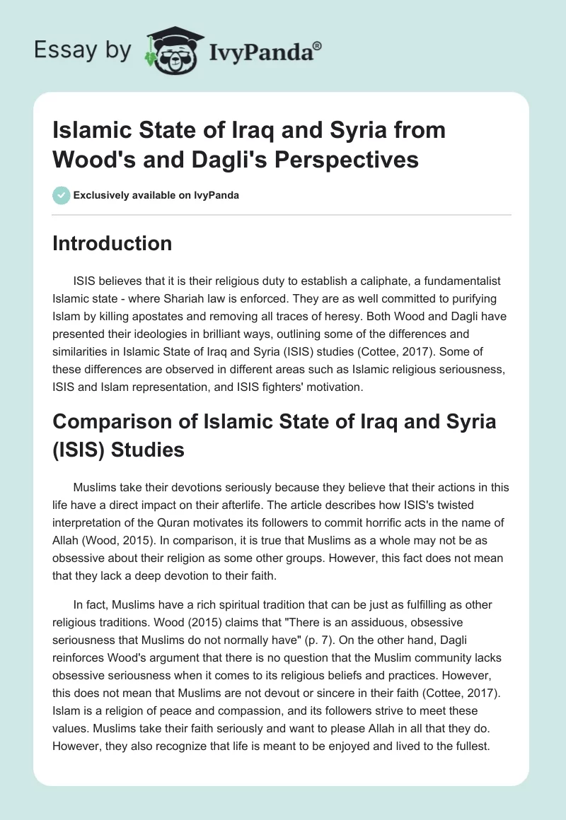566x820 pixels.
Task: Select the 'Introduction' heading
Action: coord(112,243)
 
